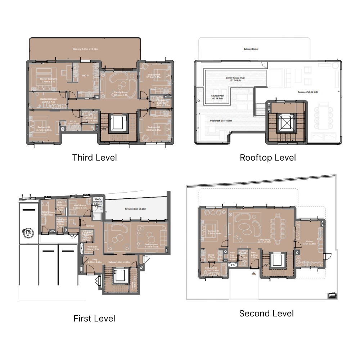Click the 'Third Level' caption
point(94,157)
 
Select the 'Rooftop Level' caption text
point(268,157)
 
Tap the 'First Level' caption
point(94,318)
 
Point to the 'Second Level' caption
point(266,313)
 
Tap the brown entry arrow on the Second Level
point(255,274)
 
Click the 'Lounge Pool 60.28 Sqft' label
point(217,97)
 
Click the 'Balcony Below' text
point(251,49)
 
